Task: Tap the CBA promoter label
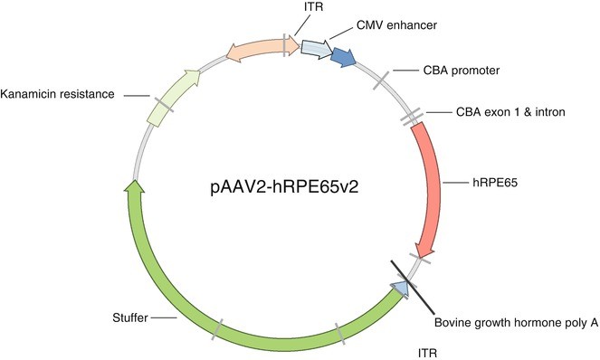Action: click(x=463, y=70)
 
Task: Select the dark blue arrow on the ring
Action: click(x=344, y=58)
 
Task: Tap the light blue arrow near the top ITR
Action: click(x=316, y=48)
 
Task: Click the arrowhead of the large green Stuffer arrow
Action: click(x=134, y=188)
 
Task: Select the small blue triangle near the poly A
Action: click(x=399, y=288)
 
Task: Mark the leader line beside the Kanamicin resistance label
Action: click(x=136, y=93)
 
